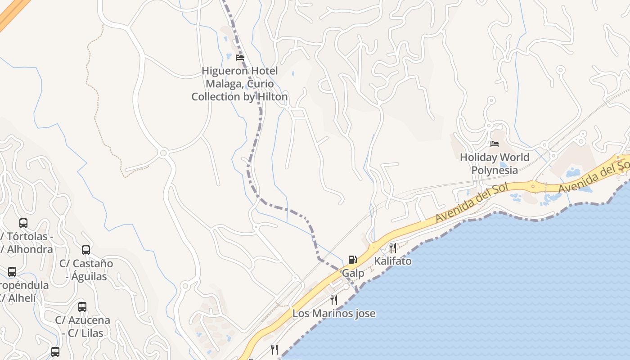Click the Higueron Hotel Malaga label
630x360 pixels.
[239, 84]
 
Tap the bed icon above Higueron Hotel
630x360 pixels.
[240, 58]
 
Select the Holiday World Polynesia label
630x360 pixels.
[494, 164]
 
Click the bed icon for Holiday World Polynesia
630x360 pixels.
[495, 144]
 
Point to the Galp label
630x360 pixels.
[353, 273]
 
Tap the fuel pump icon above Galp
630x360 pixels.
[352, 260]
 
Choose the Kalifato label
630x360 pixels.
[393, 261]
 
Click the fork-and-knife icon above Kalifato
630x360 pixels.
[393, 247]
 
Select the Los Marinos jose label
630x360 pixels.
[334, 313]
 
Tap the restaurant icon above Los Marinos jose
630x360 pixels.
[334, 300]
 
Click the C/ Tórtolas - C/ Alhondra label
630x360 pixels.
[27, 243]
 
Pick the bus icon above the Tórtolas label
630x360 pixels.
[23, 223]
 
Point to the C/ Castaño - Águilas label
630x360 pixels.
[86, 270]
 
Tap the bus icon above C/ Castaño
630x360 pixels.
[86, 250]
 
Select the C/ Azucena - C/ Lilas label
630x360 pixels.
[82, 327]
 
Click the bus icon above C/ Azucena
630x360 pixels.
[82, 307]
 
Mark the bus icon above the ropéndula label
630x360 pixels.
[12, 272]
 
